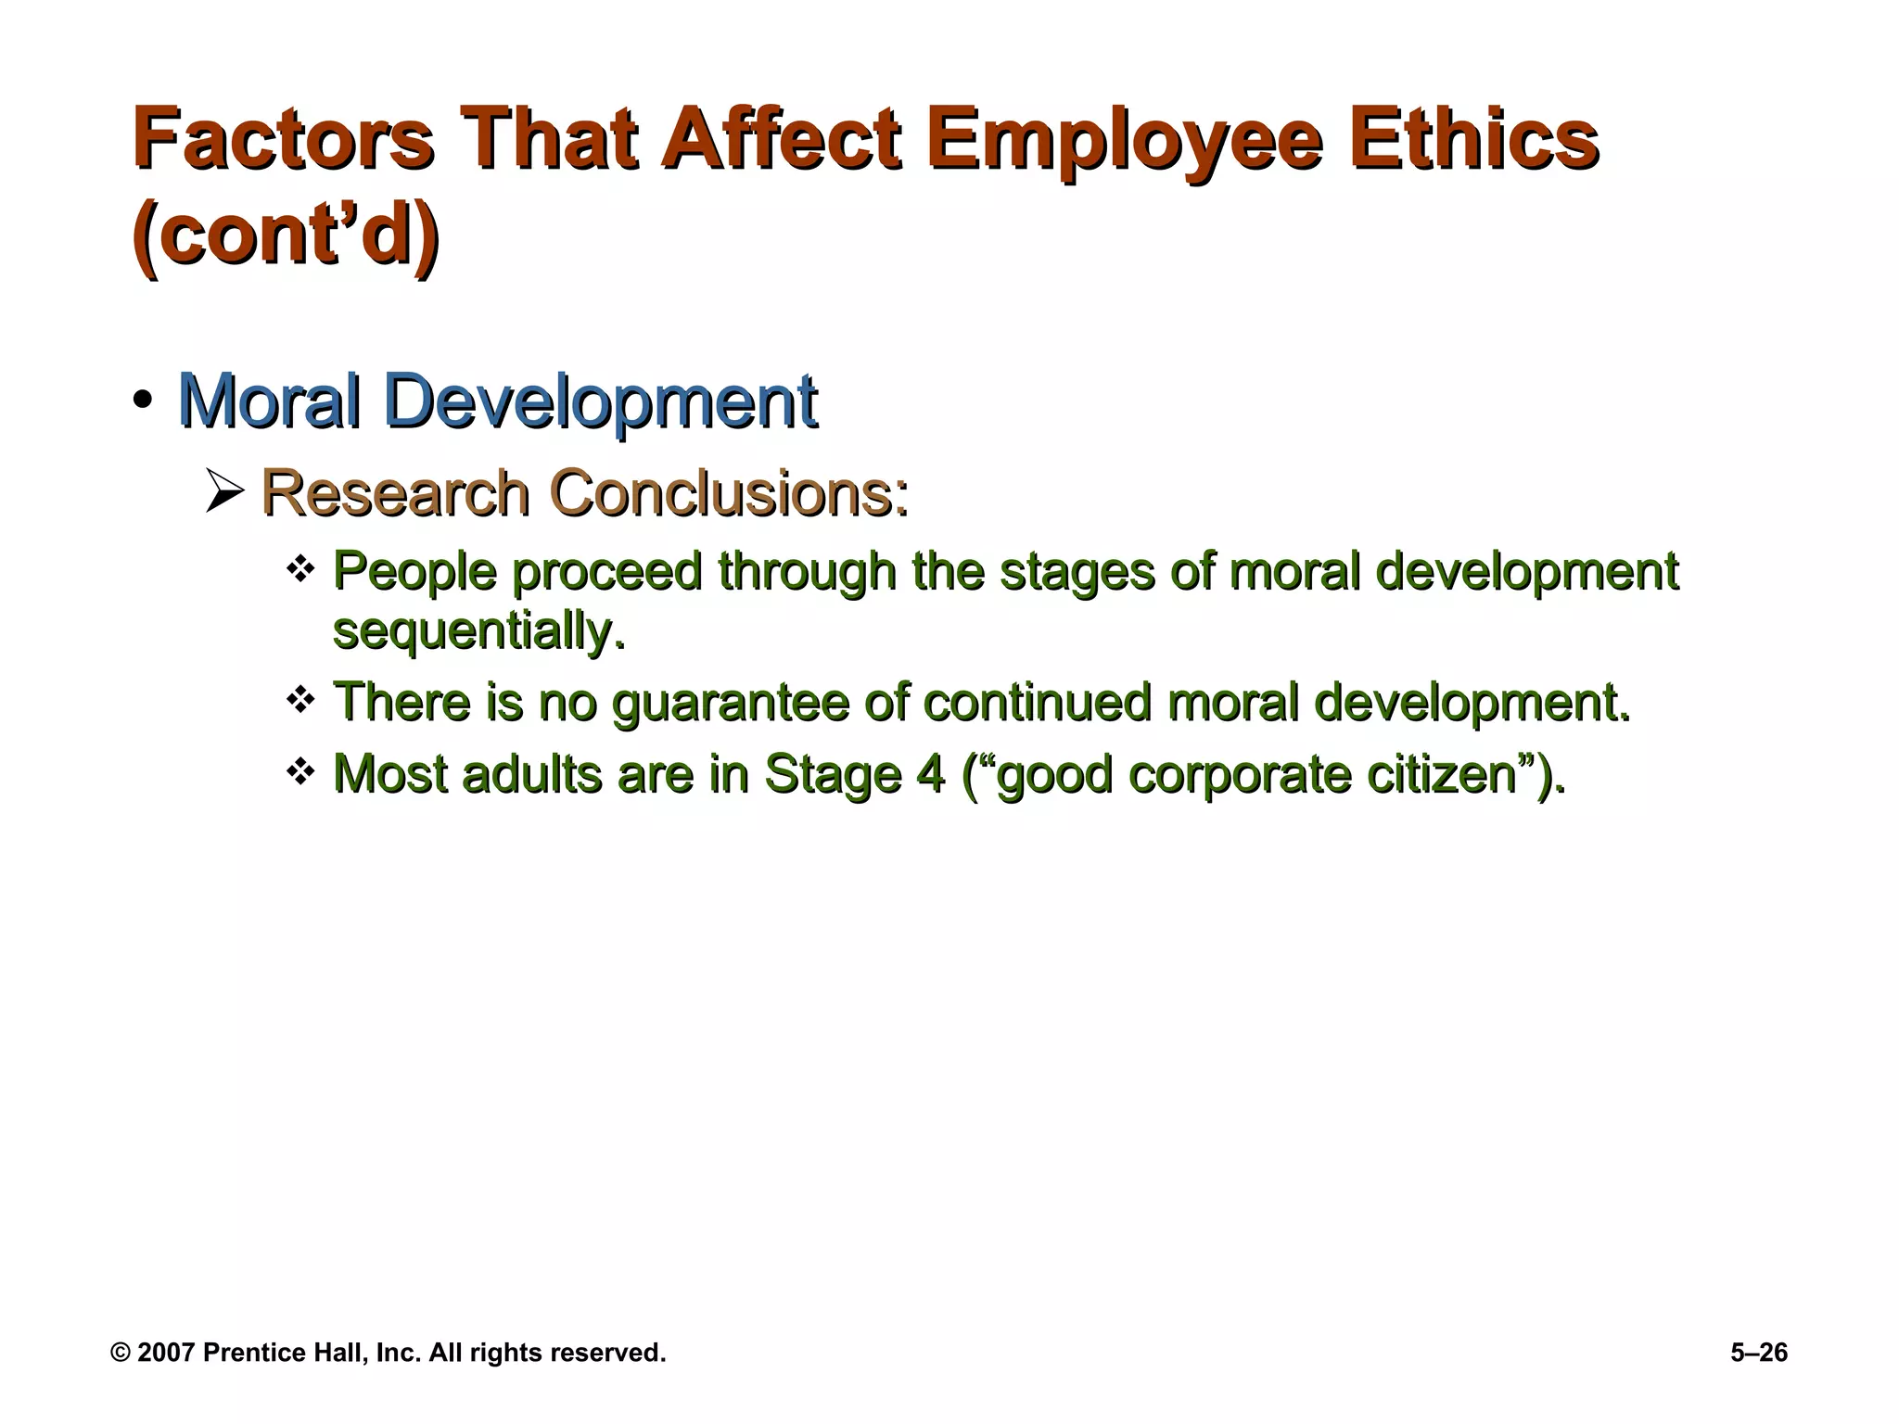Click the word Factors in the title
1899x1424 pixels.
[x=283, y=141]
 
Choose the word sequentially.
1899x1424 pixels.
[x=478, y=631]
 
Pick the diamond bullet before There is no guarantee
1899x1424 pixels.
[x=300, y=699]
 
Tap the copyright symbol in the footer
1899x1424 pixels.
[x=121, y=1353]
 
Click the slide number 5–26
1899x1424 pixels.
[x=1758, y=1353]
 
